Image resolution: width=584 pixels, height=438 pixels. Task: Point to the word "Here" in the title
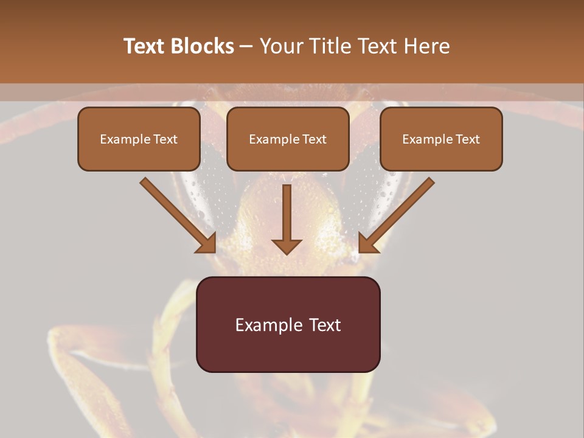[x=427, y=46]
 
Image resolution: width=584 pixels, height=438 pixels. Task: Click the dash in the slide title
[x=246, y=47]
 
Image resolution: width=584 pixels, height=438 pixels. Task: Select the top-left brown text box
[x=139, y=139]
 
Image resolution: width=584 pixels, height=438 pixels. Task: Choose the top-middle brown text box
[x=288, y=139]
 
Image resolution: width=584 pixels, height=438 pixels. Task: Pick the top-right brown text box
[x=441, y=139]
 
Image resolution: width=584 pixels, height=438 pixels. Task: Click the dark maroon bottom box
[x=288, y=324]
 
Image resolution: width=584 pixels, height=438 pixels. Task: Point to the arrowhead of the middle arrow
[x=287, y=246]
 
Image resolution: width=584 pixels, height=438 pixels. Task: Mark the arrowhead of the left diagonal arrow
[x=207, y=243]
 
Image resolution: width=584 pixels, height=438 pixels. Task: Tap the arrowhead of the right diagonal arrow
[x=367, y=243]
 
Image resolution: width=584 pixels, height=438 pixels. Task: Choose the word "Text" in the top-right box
[x=467, y=139]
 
